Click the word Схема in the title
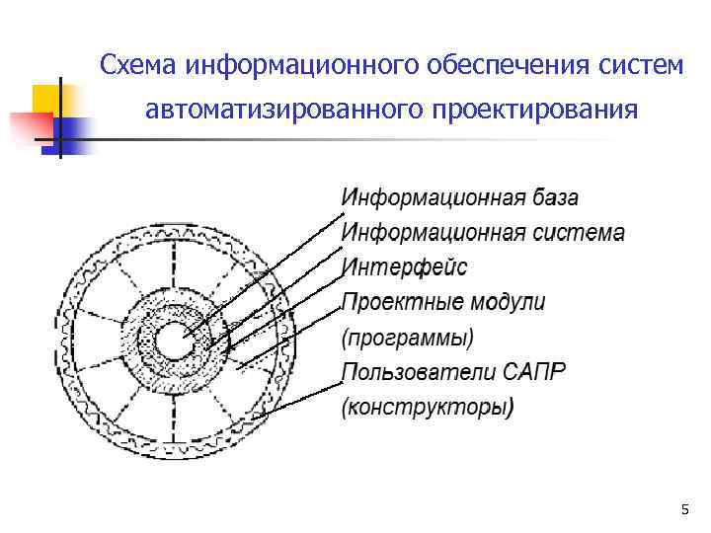136,65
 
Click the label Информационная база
460,196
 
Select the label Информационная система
483,233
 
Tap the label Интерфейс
404,266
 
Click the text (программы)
407,338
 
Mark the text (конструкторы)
427,407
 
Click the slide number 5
684,509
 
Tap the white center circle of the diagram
178,343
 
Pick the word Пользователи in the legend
414,372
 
